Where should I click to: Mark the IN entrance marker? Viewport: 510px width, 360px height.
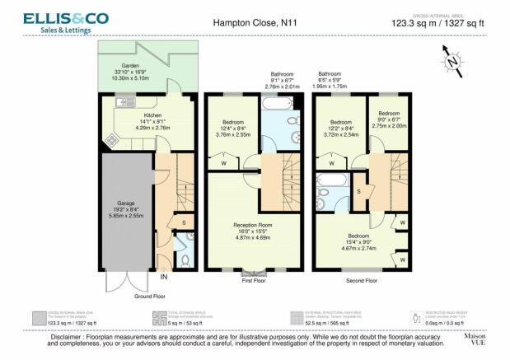tap(163, 275)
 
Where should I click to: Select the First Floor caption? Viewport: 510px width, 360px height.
tap(253, 280)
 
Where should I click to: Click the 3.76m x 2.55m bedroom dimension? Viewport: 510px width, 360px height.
tap(226, 135)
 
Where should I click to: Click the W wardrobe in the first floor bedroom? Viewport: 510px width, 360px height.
tap(224, 162)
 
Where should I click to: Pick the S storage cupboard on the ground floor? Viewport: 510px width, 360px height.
tap(184, 222)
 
